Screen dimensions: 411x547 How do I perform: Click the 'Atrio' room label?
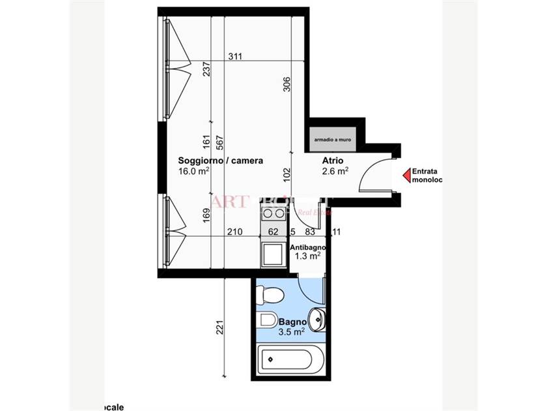coord(333,160)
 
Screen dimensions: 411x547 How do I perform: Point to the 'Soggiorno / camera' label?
coord(212,160)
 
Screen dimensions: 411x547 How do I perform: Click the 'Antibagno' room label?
coord(307,248)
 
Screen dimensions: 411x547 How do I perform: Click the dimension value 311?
coord(235,57)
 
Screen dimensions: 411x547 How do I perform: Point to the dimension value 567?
coord(220,142)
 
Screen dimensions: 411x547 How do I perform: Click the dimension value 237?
coord(206,68)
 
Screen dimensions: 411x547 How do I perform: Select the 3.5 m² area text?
coord(292,332)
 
